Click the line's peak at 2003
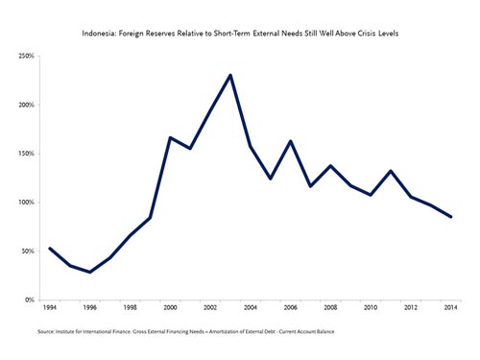coord(230,75)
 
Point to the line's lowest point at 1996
coord(90,272)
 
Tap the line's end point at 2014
coord(450,217)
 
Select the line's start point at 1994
coord(50,248)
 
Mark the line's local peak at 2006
coord(291,141)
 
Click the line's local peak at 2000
coord(170,137)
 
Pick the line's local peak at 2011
coord(391,171)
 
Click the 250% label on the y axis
coord(27,56)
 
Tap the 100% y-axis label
coord(27,203)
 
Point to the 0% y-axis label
coord(30,300)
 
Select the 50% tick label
coord(28,252)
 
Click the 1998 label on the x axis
coord(130,307)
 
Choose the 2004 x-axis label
coord(251,307)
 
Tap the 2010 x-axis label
coord(371,307)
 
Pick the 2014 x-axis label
coord(450,307)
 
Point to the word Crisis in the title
coord(367,34)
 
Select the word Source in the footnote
coord(46,331)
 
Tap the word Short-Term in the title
coord(231,34)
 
